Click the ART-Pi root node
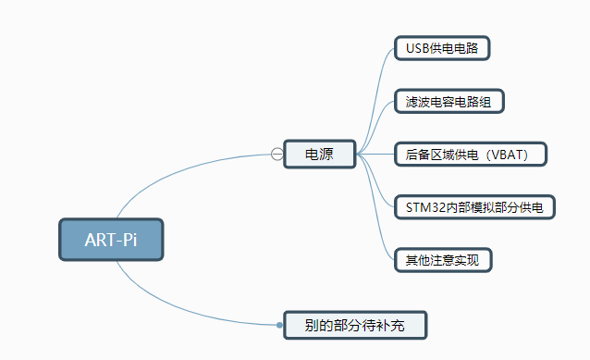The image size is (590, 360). click(110, 240)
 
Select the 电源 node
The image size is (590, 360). click(320, 154)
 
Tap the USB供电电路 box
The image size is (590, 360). click(441, 47)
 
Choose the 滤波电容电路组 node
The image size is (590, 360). click(449, 100)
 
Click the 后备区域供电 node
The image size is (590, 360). click(471, 154)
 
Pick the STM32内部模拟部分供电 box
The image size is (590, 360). click(474, 206)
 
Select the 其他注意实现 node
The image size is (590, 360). click(442, 259)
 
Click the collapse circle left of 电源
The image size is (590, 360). click(277, 154)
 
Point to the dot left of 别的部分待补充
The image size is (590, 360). click(279, 325)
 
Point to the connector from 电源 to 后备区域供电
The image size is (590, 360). click(376, 154)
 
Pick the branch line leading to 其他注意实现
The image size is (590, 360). click(380, 231)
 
